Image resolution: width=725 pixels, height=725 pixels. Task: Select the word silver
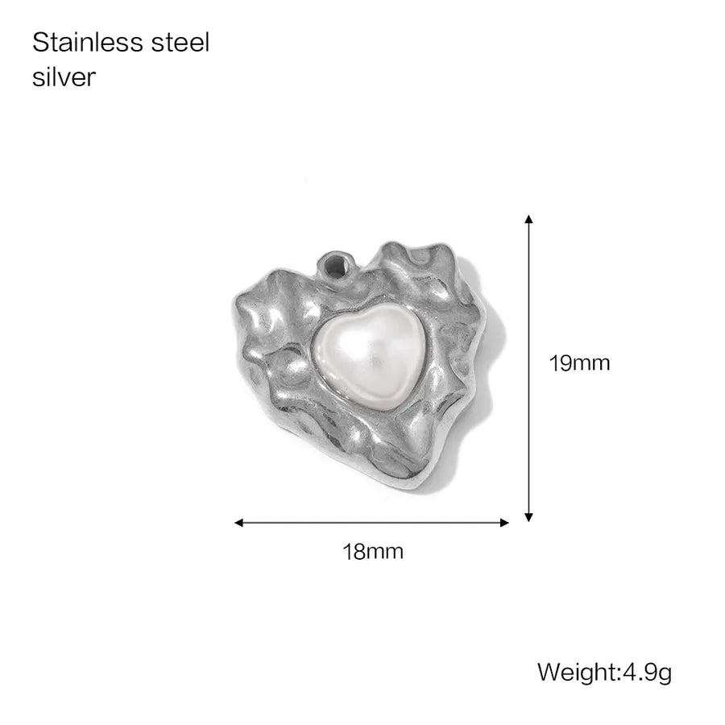click(x=64, y=77)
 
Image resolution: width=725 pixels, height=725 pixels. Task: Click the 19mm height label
click(x=579, y=363)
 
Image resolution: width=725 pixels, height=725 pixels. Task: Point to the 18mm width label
click(x=373, y=552)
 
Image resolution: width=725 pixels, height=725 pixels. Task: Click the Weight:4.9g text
click(x=604, y=673)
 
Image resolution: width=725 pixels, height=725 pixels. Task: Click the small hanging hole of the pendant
click(x=335, y=267)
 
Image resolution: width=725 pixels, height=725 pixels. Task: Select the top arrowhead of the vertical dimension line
click(x=529, y=219)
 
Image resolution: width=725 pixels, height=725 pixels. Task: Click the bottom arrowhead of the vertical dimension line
click(x=529, y=517)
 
